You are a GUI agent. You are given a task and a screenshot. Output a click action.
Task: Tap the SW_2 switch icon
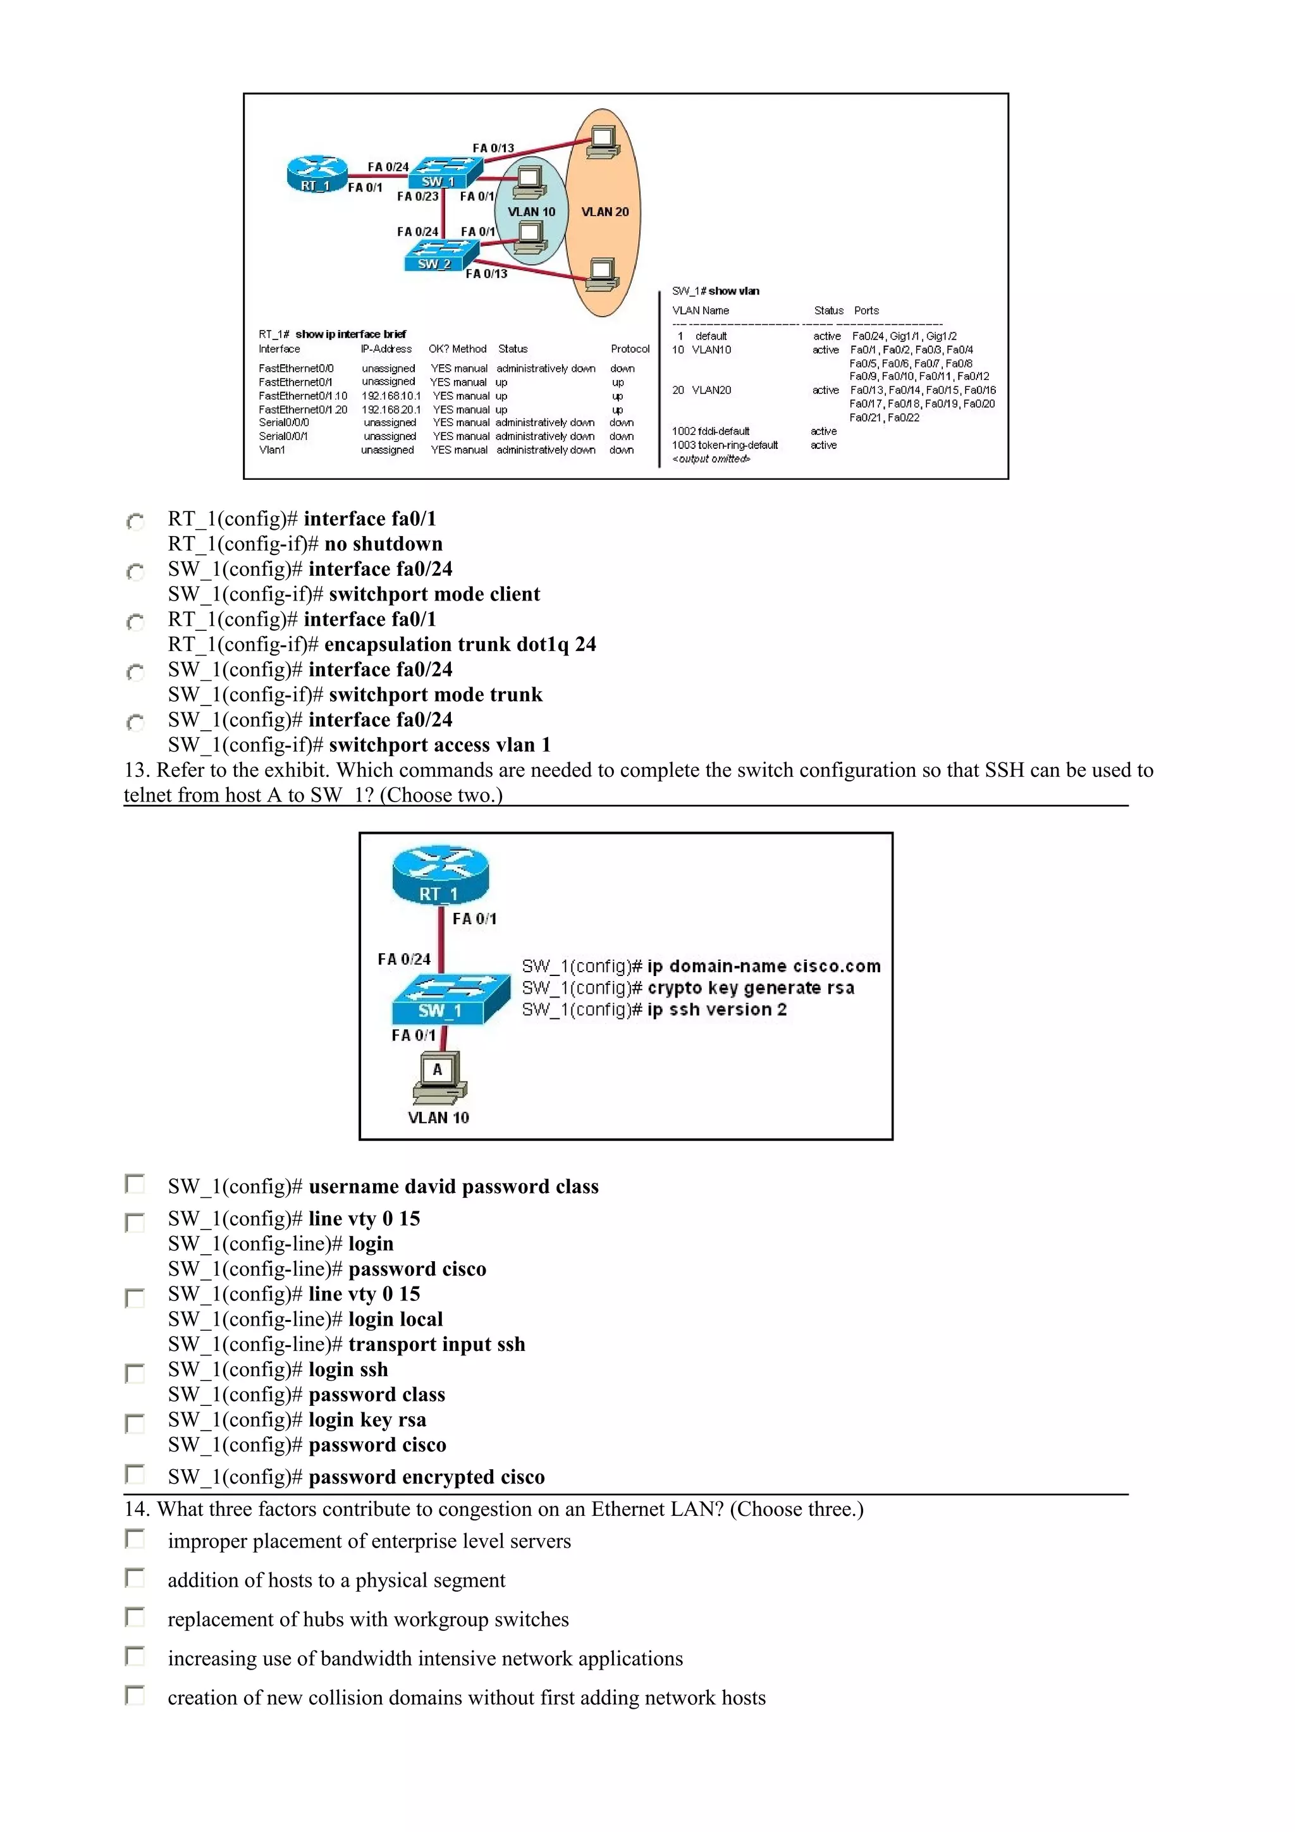[439, 255]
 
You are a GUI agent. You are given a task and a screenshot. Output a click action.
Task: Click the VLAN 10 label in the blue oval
[531, 211]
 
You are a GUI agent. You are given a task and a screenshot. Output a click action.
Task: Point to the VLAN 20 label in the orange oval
[605, 211]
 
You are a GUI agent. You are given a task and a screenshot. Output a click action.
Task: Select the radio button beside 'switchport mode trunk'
[136, 673]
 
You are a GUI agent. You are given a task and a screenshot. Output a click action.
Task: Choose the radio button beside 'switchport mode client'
[136, 572]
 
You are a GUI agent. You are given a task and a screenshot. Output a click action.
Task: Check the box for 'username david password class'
[135, 1183]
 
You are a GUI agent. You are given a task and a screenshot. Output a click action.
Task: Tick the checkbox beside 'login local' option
[135, 1297]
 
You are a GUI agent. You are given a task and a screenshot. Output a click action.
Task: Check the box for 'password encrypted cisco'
[135, 1474]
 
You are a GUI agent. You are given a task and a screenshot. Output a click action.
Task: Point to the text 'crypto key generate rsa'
[750, 988]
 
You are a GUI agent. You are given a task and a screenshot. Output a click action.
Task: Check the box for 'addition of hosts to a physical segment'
[135, 1577]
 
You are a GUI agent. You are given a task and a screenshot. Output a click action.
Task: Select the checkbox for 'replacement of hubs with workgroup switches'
[135, 1616]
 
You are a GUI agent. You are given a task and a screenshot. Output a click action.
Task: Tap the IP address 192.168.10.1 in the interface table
[391, 396]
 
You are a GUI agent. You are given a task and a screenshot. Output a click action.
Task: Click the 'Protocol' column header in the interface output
[630, 349]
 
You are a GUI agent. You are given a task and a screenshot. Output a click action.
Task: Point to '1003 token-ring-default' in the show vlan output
[725, 445]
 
